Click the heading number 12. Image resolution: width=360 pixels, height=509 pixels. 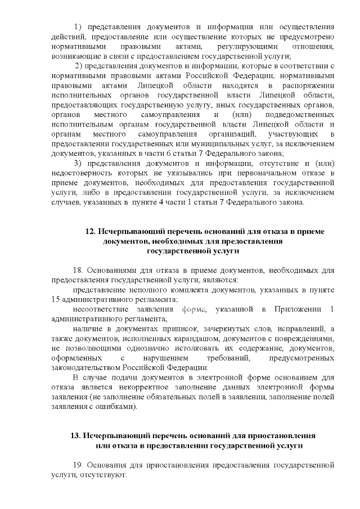tap(90, 232)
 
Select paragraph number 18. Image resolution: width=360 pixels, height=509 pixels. tap(79, 270)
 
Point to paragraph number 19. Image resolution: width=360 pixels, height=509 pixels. tap(79, 466)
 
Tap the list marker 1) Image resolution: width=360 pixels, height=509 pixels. tap(79, 27)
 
